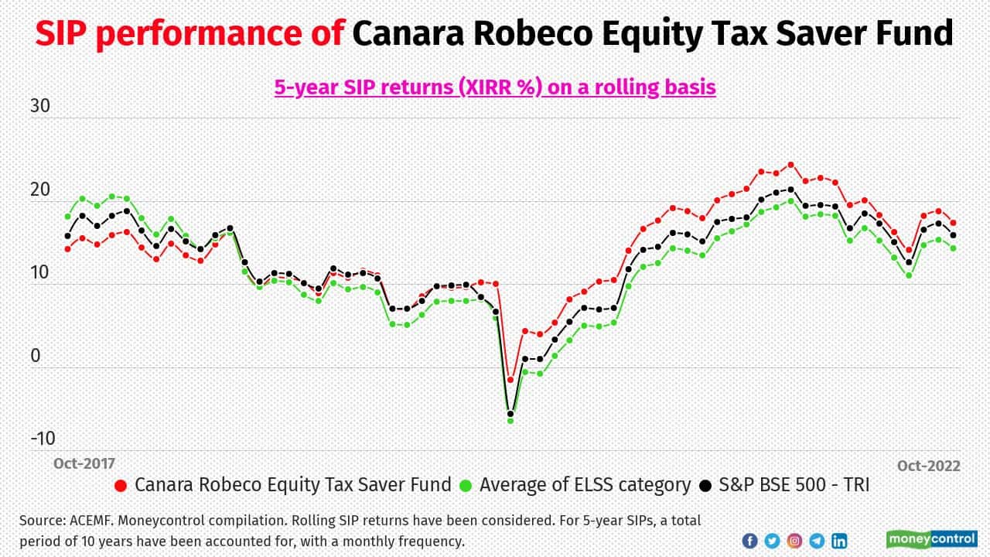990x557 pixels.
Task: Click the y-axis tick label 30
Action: click(x=39, y=107)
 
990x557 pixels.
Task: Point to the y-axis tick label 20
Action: click(x=39, y=190)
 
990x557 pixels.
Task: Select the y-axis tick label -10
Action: click(x=43, y=439)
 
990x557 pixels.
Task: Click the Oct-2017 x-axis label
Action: click(x=84, y=463)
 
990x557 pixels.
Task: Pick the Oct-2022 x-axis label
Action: click(x=928, y=466)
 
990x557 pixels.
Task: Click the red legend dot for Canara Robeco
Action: click(x=120, y=486)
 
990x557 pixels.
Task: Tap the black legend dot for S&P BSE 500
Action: click(x=705, y=486)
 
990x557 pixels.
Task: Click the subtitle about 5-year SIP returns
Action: click(x=495, y=87)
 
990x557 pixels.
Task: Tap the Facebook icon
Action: click(x=749, y=541)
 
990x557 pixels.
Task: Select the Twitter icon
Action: click(x=772, y=541)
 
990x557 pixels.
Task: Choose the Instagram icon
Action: click(x=794, y=541)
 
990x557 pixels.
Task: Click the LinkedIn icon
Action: click(x=839, y=541)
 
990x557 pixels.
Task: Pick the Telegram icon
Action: click(x=817, y=541)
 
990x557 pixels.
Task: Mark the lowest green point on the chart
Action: click(x=510, y=420)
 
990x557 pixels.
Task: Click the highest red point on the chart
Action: click(x=790, y=165)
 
